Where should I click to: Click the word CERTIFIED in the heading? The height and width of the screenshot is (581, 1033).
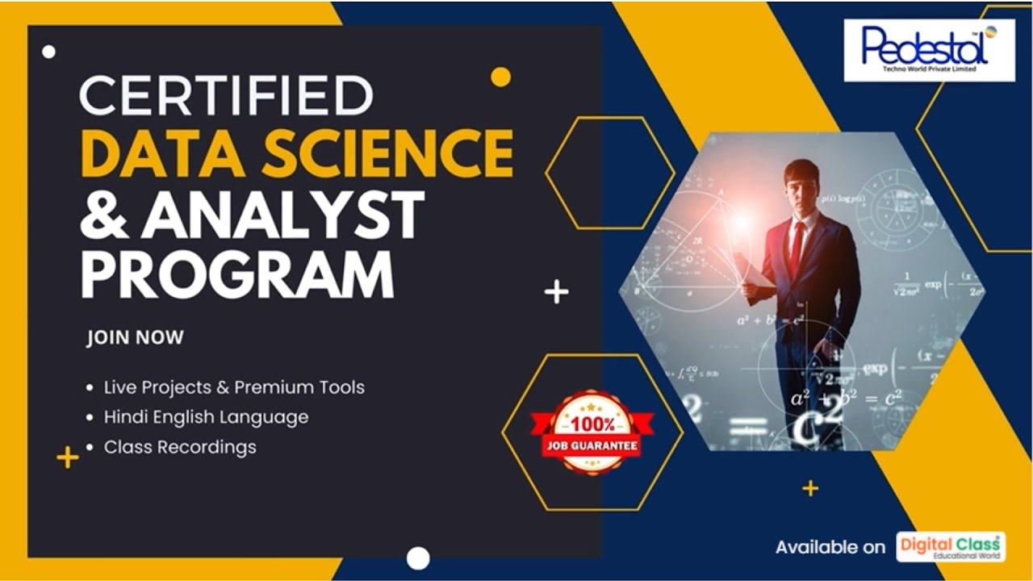pos(226,95)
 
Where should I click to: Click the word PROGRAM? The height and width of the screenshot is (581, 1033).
pos(236,274)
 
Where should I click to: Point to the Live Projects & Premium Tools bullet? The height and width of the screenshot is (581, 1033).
pos(234,387)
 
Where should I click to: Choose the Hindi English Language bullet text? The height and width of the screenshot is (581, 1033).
pos(206,417)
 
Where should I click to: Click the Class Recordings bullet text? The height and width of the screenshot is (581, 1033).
pos(180,447)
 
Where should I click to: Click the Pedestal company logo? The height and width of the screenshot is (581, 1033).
pos(929,50)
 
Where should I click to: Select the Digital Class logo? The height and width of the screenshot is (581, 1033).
pos(951,546)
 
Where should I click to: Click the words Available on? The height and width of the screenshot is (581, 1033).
pos(830,547)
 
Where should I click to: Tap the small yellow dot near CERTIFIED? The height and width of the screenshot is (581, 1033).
pos(500,77)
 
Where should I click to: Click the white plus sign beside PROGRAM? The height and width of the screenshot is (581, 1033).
pos(556,291)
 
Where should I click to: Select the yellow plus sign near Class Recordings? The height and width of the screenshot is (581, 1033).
pos(68,458)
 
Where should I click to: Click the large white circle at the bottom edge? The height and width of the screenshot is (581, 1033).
pos(418,558)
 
